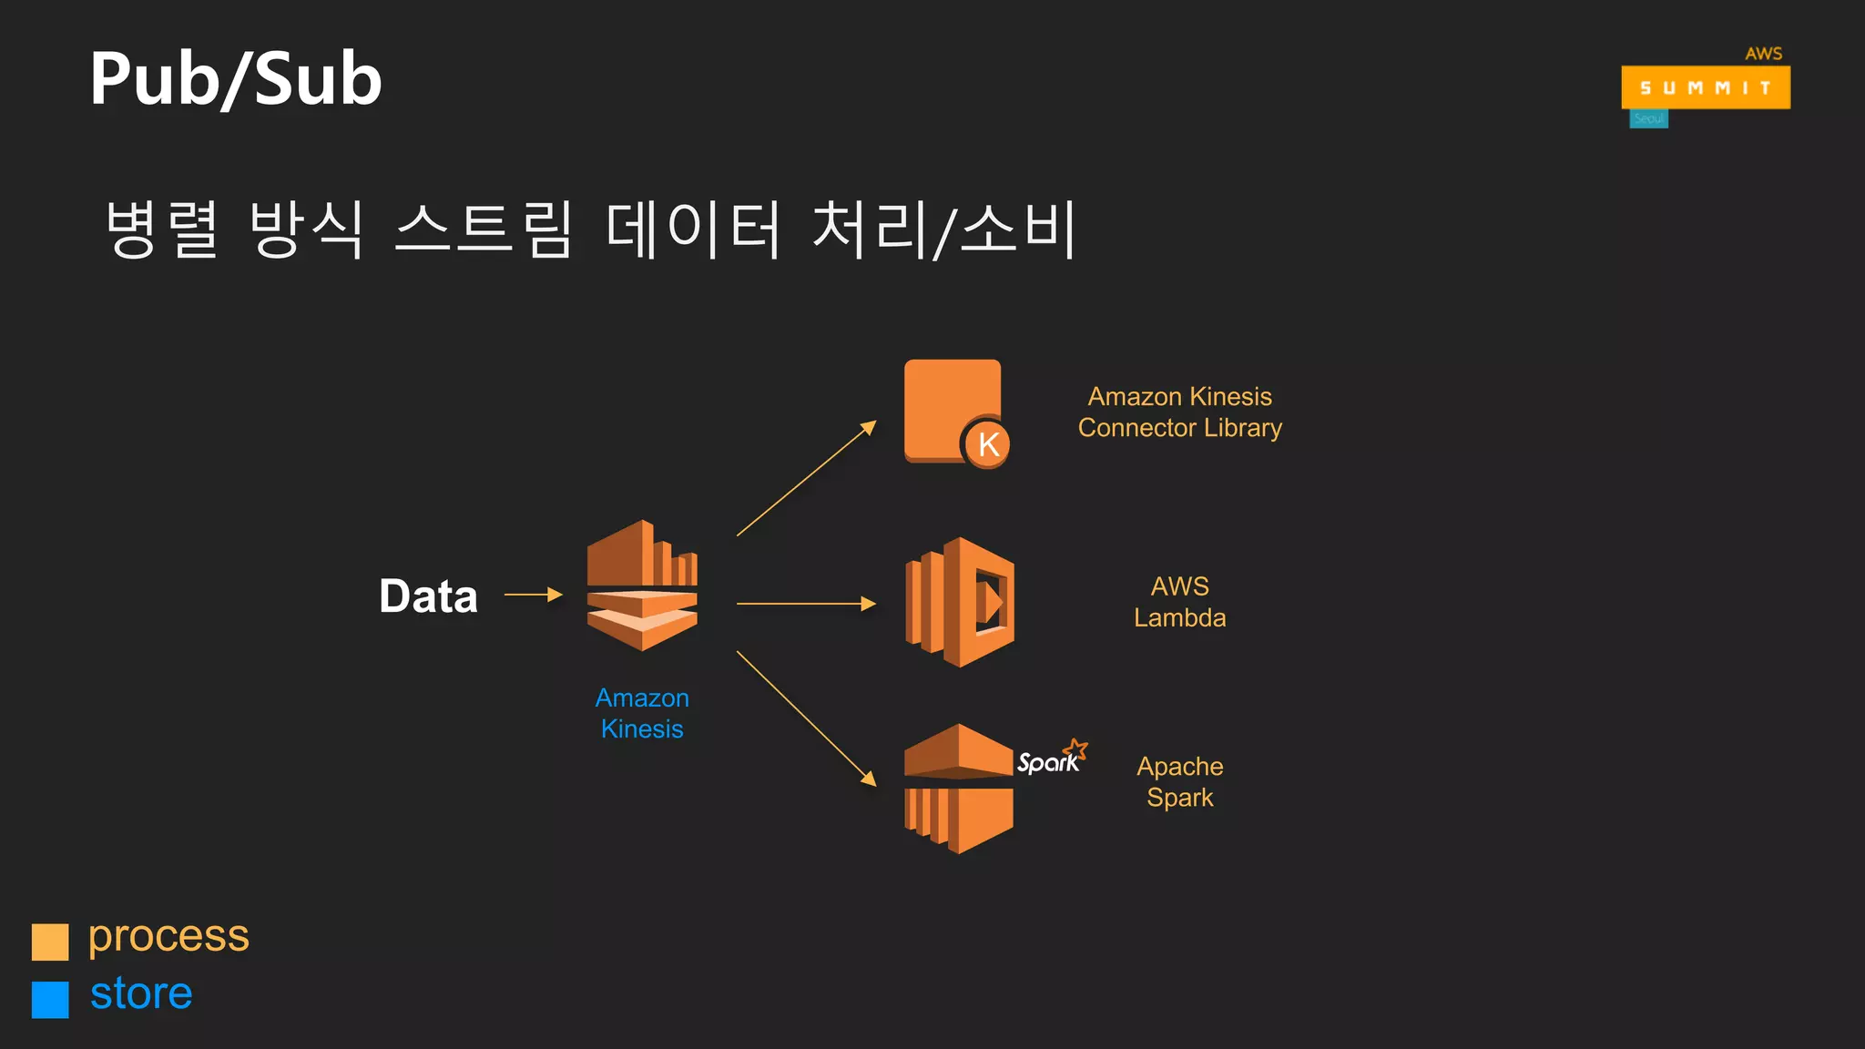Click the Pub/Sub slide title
coord(236,79)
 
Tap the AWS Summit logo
coord(1705,87)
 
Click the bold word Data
coord(428,596)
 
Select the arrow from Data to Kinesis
coord(533,595)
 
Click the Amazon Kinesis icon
coord(642,586)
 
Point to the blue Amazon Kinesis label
coord(642,713)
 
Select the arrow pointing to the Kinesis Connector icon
coord(806,478)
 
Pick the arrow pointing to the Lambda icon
coord(806,603)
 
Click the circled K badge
coord(987,444)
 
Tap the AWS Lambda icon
coord(960,602)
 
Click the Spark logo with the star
coord(1052,759)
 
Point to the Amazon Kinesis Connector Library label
coord(1179,412)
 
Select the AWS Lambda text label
coord(1179,602)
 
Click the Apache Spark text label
coord(1179,781)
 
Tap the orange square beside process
coord(50,942)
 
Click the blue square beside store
coord(50,999)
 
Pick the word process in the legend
coord(168,937)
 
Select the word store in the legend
coord(141,993)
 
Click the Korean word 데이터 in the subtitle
coord(693,229)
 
